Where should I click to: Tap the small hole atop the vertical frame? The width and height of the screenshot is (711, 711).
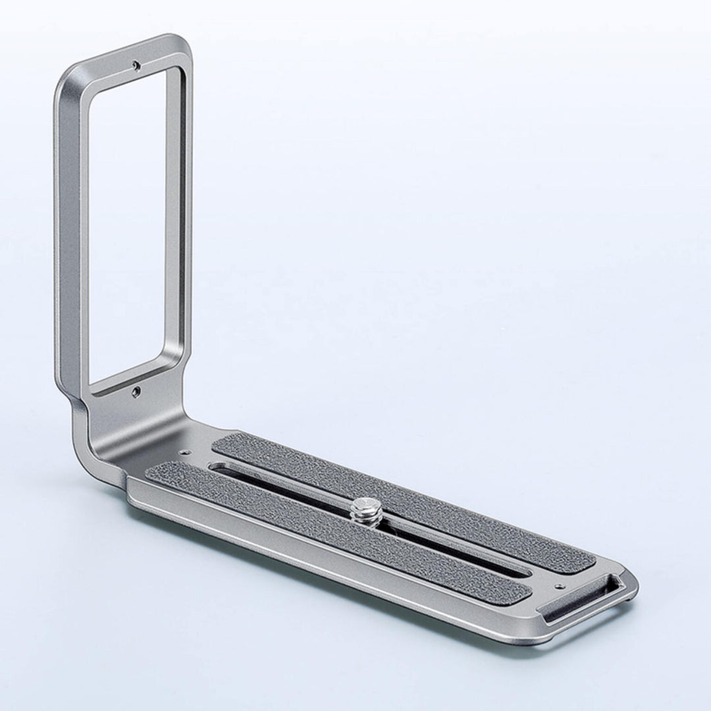pos(135,65)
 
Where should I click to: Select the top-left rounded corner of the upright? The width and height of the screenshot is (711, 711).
pos(66,79)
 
